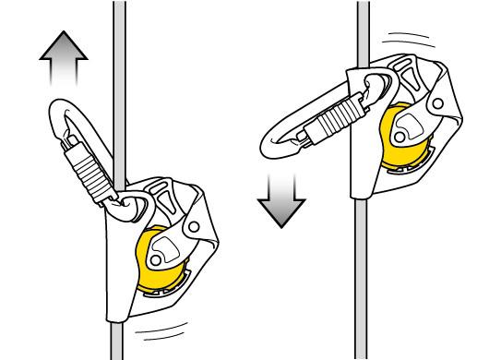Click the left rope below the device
(x=118, y=337)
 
